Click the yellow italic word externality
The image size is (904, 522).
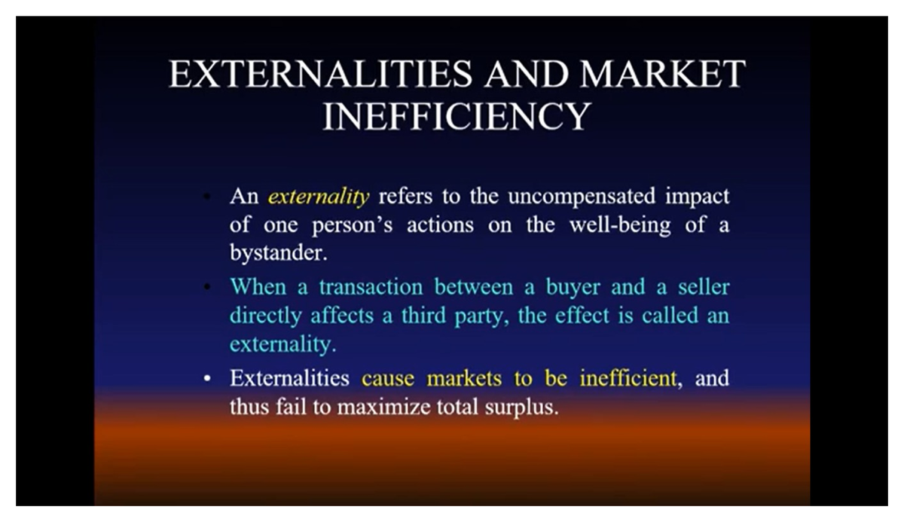coord(319,197)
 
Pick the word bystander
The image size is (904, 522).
coord(277,252)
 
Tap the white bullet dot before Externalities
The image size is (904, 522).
coord(206,379)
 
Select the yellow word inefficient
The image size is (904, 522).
coord(628,378)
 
